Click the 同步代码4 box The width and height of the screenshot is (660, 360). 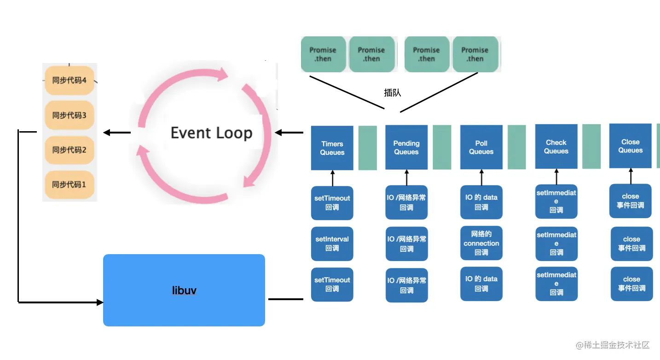click(69, 80)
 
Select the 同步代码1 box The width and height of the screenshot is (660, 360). click(69, 185)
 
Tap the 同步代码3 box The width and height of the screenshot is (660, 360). click(69, 115)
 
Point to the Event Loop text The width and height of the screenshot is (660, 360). click(211, 133)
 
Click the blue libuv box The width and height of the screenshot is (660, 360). click(184, 290)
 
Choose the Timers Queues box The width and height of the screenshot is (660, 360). click(332, 148)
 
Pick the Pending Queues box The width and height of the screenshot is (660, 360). click(406, 147)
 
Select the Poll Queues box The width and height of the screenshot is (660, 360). click(481, 147)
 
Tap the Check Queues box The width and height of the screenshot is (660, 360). click(556, 146)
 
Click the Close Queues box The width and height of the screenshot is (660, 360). click(631, 146)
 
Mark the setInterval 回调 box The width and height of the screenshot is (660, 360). click(332, 244)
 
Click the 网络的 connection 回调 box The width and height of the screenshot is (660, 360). click(481, 243)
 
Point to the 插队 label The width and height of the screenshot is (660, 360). click(393, 93)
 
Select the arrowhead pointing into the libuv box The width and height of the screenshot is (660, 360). click(99, 302)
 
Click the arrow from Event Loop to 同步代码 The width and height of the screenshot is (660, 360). click(116, 133)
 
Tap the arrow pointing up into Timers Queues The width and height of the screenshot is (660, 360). click(332, 178)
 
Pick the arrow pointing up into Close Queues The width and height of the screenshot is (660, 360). click(631, 176)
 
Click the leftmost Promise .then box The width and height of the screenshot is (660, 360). click(323, 54)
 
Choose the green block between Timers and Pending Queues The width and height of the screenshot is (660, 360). click(368, 148)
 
